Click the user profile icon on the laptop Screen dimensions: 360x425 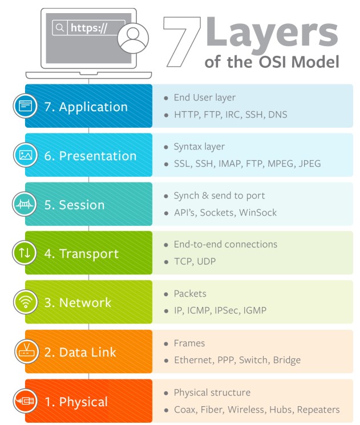133,38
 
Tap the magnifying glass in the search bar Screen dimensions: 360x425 60,27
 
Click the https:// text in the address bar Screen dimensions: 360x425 88,28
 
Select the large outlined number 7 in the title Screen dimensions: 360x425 182,42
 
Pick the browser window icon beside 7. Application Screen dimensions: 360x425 25,106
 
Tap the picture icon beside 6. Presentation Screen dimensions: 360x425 26,155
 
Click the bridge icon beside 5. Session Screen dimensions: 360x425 25,204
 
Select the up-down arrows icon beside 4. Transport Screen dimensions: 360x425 25,253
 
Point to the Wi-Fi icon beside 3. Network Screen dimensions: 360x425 26,302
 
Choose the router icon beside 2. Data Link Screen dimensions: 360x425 26,351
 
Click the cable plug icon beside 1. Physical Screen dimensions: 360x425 25,401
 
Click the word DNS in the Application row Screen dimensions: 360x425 278,115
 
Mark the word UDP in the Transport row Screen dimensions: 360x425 207,261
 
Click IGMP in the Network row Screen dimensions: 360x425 255,310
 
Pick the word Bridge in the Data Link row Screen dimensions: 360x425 287,360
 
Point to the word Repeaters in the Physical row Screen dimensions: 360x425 318,410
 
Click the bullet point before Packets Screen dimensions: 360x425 166,294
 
